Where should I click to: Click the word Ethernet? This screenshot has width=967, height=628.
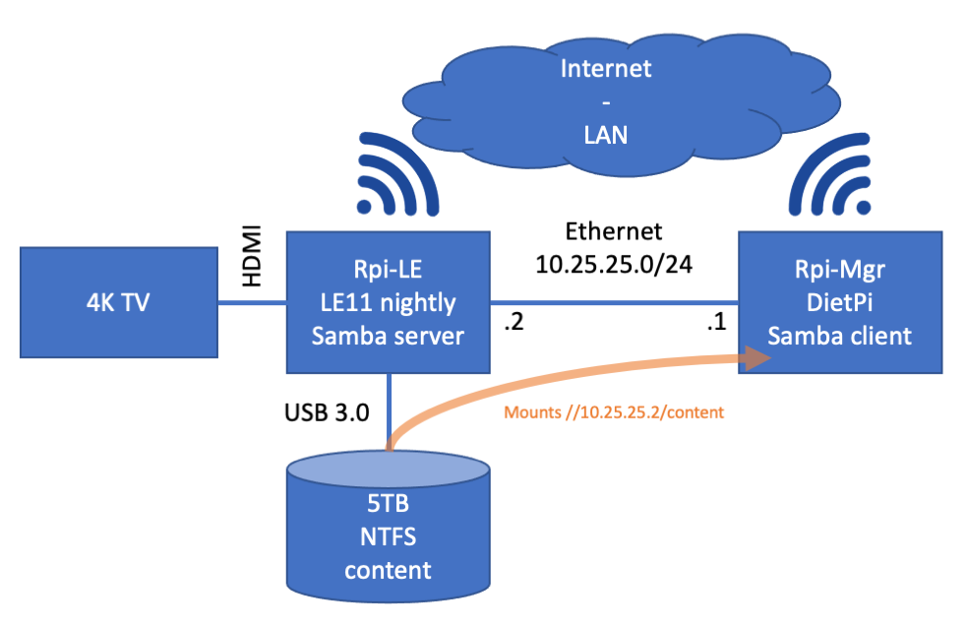pyautogui.click(x=614, y=232)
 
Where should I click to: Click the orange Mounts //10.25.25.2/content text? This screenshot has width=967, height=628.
pyautogui.click(x=614, y=412)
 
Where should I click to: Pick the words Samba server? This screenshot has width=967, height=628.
pyautogui.click(x=388, y=336)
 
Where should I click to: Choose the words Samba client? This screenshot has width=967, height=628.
pyautogui.click(x=839, y=336)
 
